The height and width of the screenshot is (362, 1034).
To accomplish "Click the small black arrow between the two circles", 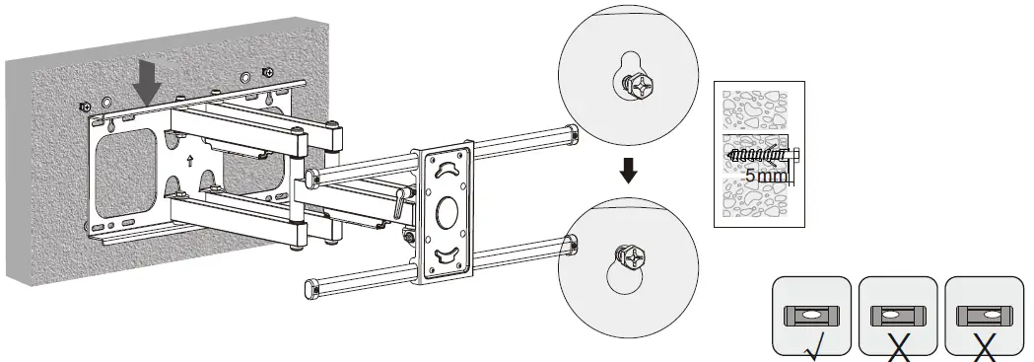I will pos(628,172).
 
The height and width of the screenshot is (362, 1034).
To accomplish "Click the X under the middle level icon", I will pos(897,346).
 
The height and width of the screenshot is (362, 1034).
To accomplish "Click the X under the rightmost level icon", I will pos(984,346).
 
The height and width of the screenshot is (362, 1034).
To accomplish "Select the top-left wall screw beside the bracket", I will pos(86,106).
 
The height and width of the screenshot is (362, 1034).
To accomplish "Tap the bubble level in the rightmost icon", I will pos(984,314).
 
